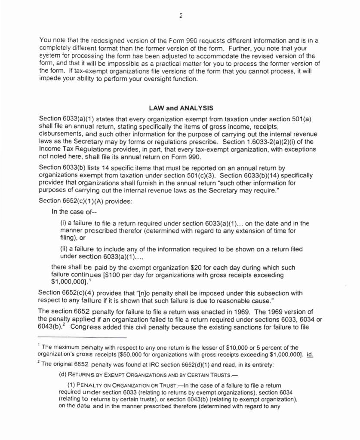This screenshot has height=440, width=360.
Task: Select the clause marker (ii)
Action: point(64,249)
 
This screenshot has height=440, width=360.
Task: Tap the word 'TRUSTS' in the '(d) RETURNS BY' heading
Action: point(222,374)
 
